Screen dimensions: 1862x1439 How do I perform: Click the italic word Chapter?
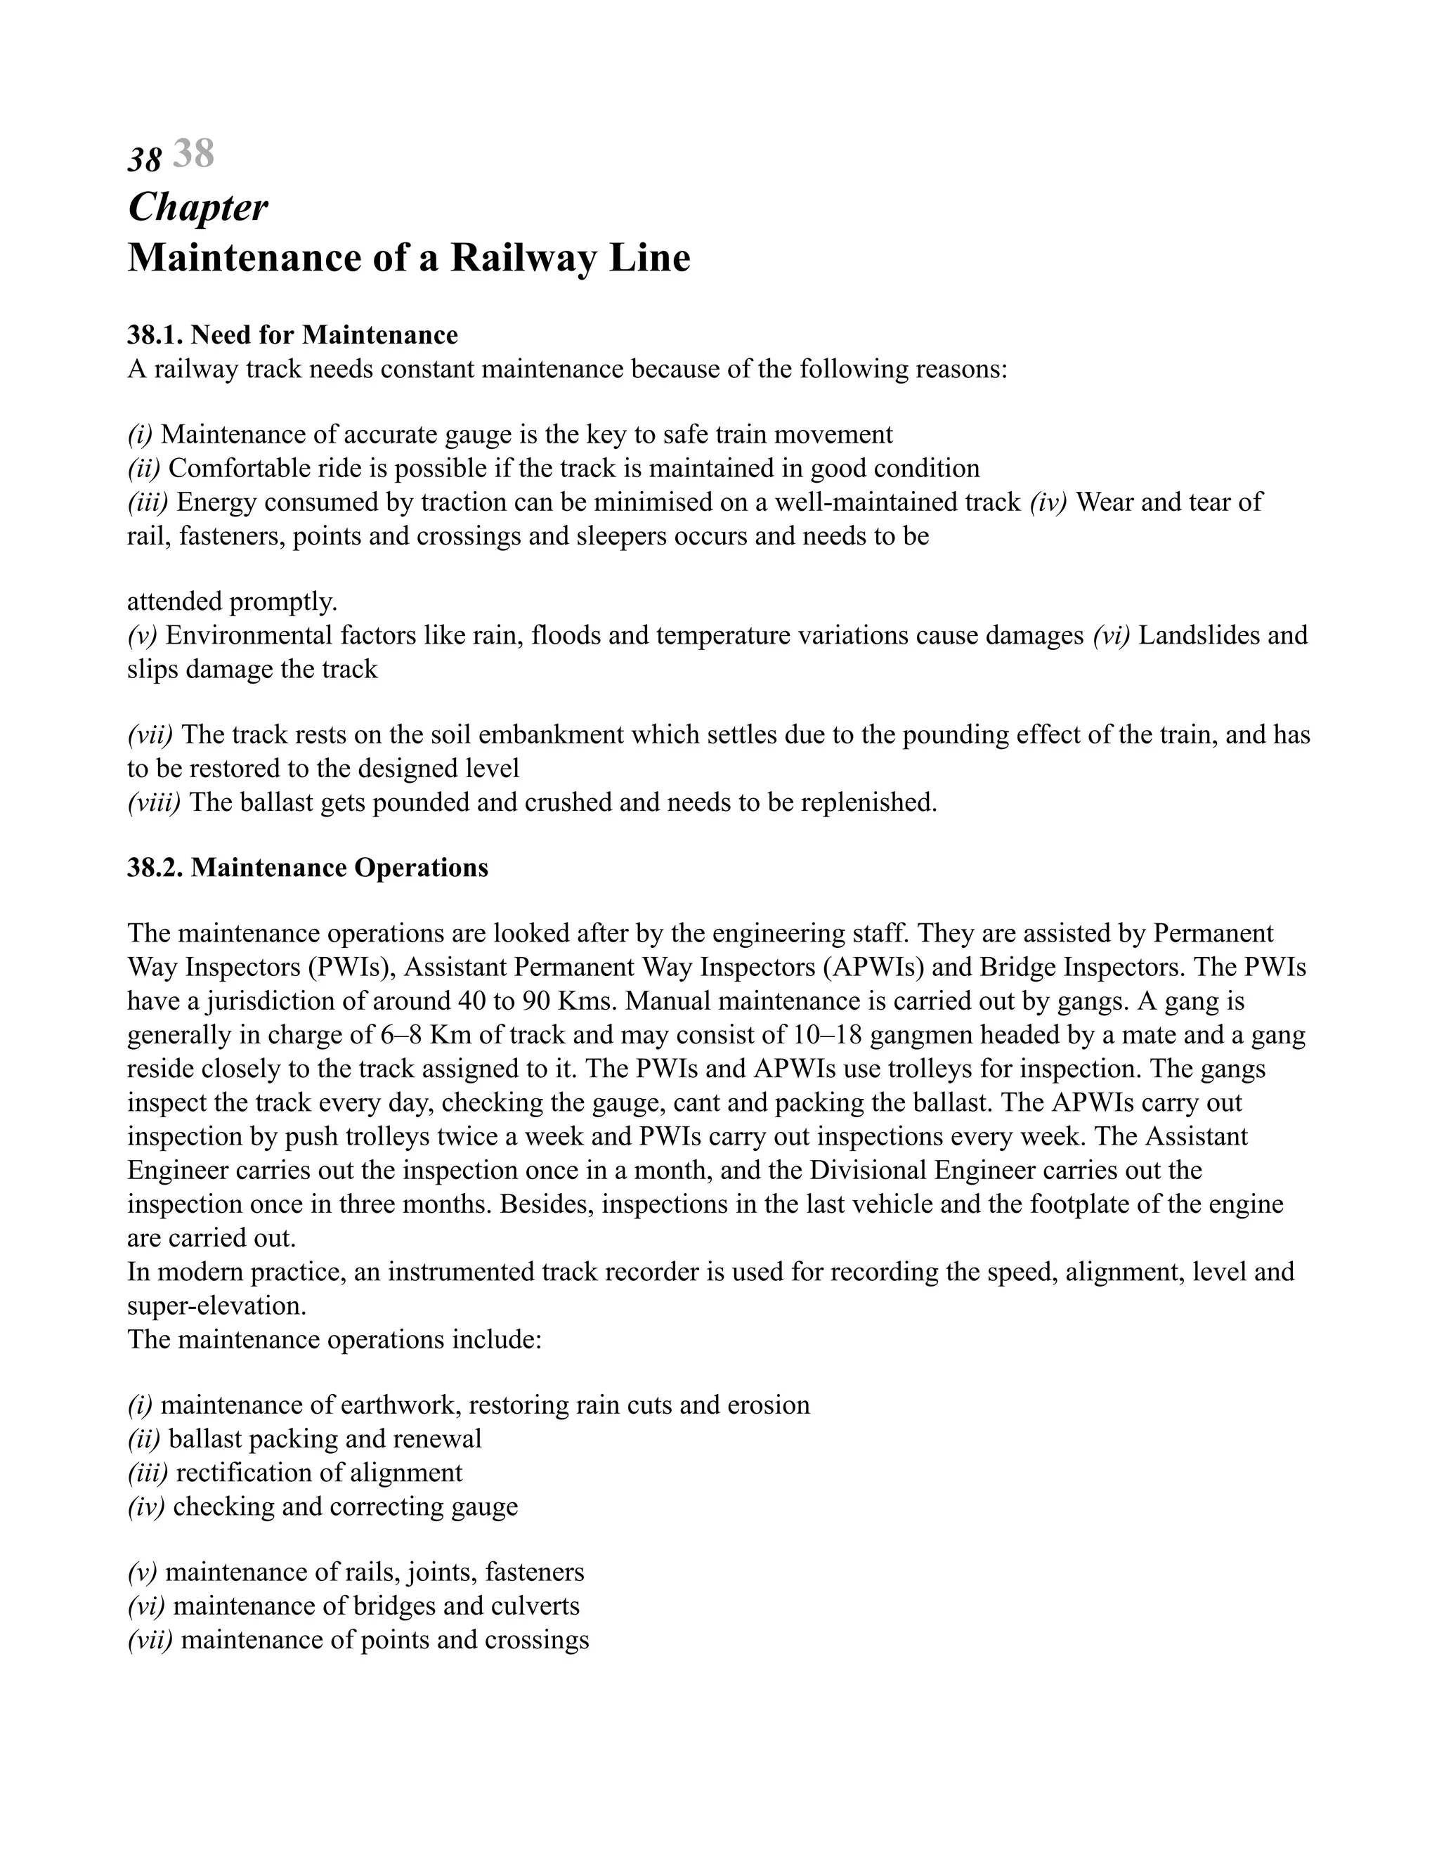pos(197,207)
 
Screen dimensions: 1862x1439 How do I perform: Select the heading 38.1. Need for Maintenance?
pos(292,335)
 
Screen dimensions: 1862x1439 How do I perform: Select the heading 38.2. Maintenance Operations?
pos(308,868)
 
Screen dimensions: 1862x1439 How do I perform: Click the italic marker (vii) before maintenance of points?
pos(150,1641)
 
